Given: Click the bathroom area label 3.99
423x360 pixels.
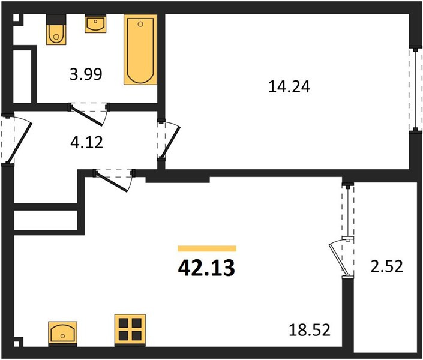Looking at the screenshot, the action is click(x=86, y=74).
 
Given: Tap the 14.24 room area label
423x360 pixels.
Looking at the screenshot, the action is click(x=289, y=87).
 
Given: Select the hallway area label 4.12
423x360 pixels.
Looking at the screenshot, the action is click(x=86, y=142).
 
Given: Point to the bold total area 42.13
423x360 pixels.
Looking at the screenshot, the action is click(x=206, y=268).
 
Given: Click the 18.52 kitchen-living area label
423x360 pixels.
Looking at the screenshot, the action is click(x=310, y=330).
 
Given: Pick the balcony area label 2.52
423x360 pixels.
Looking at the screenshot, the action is click(x=386, y=266).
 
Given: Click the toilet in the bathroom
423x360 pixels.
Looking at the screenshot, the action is click(x=56, y=29).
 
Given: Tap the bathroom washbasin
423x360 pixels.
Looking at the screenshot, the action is click(x=95, y=24).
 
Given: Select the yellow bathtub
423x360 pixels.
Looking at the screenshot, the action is click(x=140, y=50).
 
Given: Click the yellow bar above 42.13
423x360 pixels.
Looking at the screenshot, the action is click(x=207, y=248).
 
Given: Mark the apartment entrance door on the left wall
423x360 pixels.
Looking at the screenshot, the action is click(x=17, y=140).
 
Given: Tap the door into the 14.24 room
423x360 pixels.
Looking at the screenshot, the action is click(x=169, y=140).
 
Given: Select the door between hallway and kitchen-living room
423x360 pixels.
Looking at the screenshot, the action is click(x=113, y=180).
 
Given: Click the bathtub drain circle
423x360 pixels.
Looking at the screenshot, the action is click(x=140, y=24).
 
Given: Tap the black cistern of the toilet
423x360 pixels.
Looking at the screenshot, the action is click(x=56, y=20).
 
